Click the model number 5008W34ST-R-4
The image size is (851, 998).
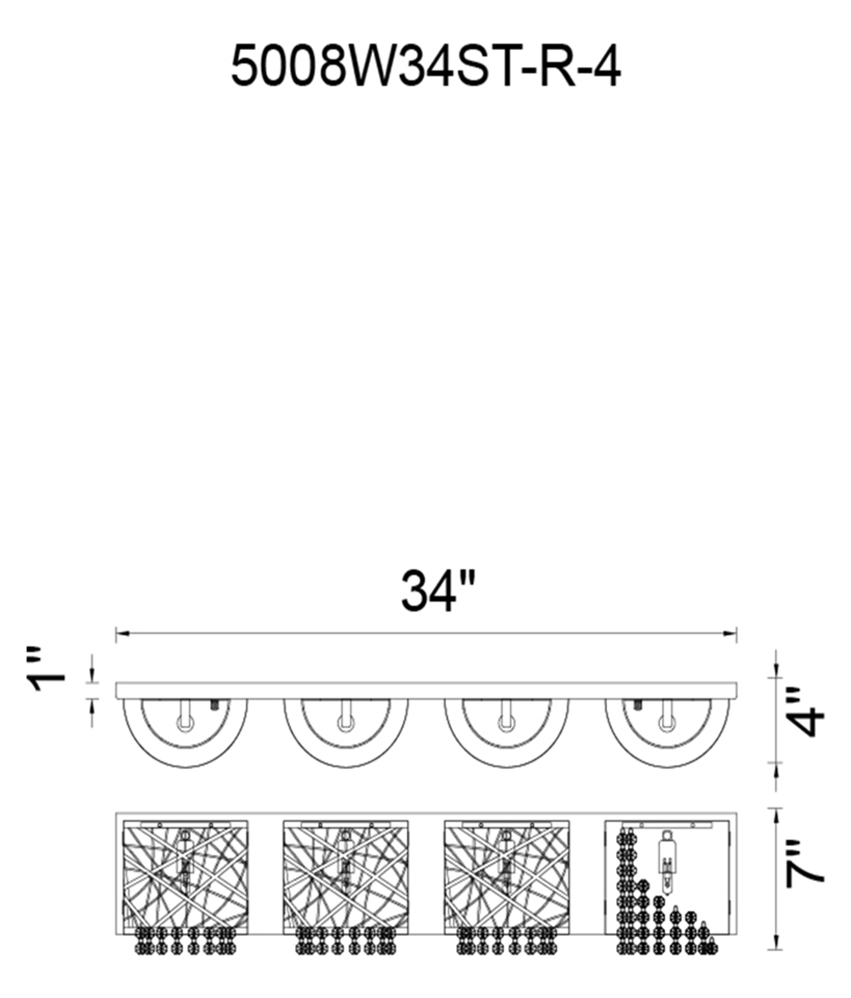pyautogui.click(x=425, y=67)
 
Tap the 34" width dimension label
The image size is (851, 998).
pyautogui.click(x=438, y=591)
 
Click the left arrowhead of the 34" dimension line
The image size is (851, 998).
pyautogui.click(x=122, y=633)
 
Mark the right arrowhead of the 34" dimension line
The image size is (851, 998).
pyautogui.click(x=730, y=633)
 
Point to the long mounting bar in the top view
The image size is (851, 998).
pyautogui.click(x=426, y=691)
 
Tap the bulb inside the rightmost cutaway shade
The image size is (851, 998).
pyautogui.click(x=666, y=859)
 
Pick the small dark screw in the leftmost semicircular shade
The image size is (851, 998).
pyautogui.click(x=215, y=705)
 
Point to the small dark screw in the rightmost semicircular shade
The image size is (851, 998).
pyautogui.click(x=637, y=705)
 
